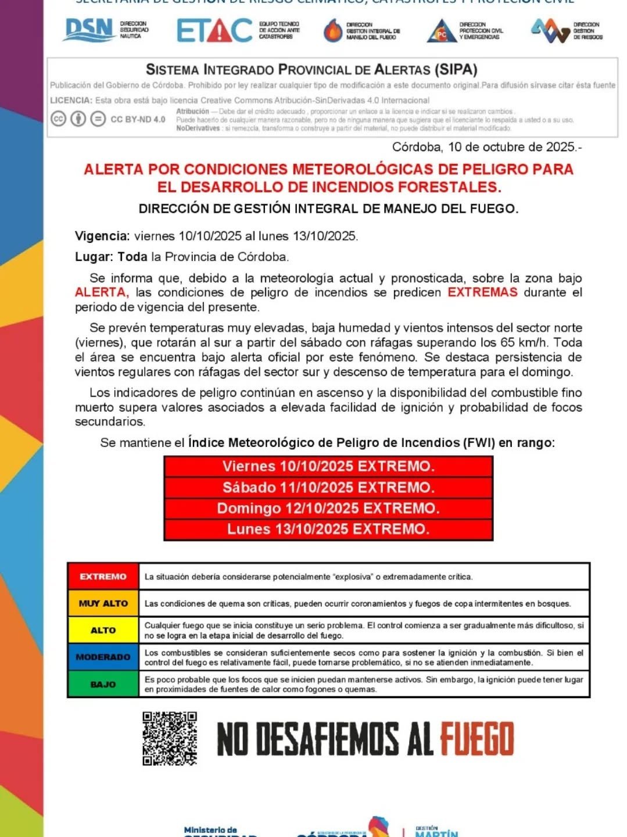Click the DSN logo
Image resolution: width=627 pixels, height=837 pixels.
pyautogui.click(x=89, y=30)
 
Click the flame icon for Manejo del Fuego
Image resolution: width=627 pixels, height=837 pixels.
pyautogui.click(x=332, y=31)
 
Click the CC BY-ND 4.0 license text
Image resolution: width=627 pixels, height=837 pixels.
pyautogui.click(x=138, y=119)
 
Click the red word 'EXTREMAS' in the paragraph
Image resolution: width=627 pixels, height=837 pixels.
pyautogui.click(x=482, y=292)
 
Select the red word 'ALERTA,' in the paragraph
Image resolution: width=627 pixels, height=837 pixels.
pyautogui.click(x=102, y=292)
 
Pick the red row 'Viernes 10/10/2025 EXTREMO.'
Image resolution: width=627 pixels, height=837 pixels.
pyautogui.click(x=328, y=467)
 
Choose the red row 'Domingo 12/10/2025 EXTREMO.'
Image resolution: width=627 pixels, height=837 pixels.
pyautogui.click(x=328, y=509)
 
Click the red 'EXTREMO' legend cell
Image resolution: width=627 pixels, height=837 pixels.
pyautogui.click(x=103, y=577)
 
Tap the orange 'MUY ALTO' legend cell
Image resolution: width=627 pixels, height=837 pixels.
pyautogui.click(x=103, y=603)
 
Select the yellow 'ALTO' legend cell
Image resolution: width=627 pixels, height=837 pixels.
pyautogui.click(x=103, y=630)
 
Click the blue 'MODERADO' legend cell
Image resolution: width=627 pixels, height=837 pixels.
pyautogui.click(x=103, y=657)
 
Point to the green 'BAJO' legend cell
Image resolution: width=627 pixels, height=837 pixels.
pyautogui.click(x=103, y=684)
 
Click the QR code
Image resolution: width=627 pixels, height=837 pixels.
pyautogui.click(x=170, y=738)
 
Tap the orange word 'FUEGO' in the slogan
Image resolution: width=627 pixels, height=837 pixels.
pyautogui.click(x=476, y=739)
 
